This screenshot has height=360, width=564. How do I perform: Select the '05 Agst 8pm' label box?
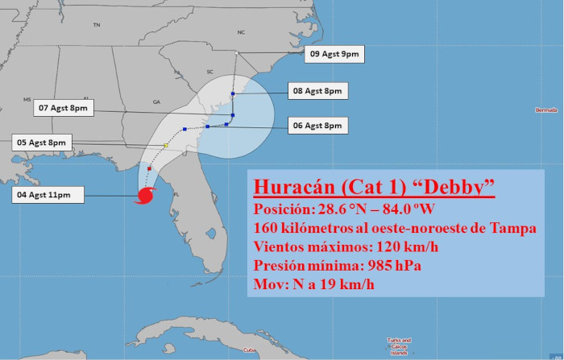[x=41, y=143]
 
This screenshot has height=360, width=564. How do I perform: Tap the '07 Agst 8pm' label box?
[x=64, y=107]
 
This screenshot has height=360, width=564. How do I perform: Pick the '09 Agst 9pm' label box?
[x=334, y=55]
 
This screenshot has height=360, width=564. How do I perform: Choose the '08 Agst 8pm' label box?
[x=317, y=92]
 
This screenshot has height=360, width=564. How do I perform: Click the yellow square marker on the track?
[x=165, y=146]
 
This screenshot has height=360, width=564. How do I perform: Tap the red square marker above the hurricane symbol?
[x=150, y=168]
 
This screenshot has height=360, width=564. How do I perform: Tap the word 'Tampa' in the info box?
[x=513, y=228]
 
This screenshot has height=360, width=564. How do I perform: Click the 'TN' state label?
[x=97, y=26]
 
